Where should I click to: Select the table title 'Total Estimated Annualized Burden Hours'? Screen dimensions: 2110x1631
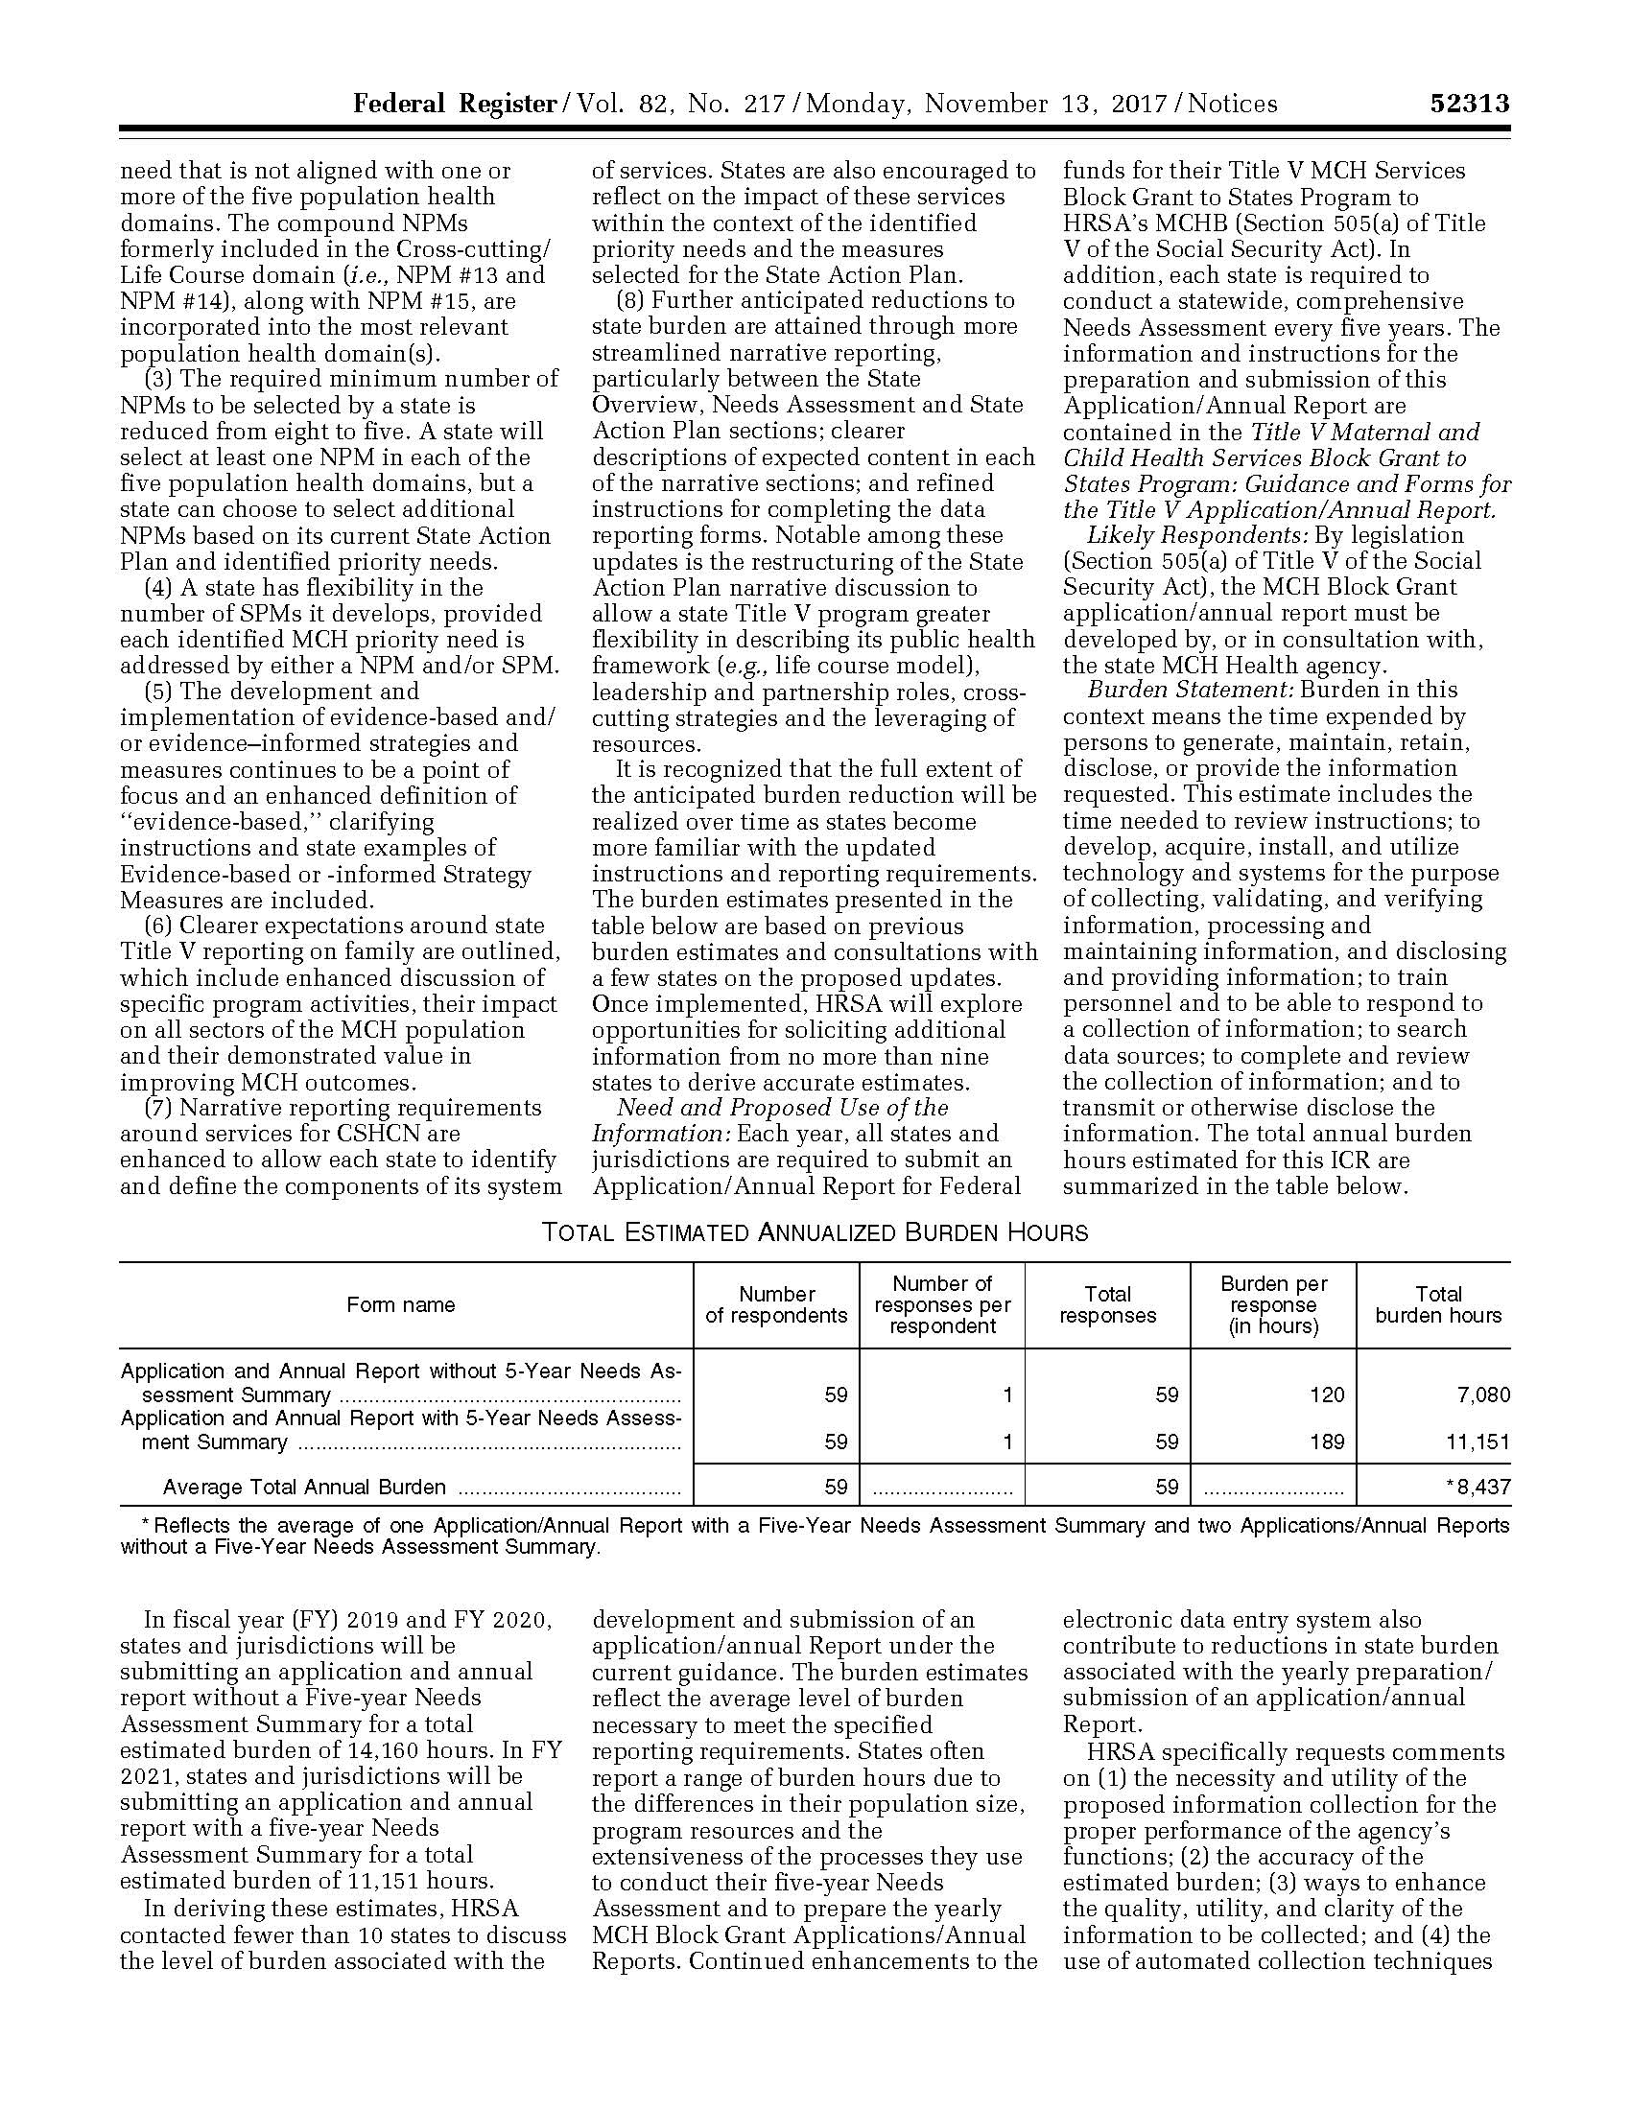point(815,1232)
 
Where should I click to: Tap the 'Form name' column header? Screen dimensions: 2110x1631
point(400,1305)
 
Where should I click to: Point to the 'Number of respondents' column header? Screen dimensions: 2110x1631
point(776,1305)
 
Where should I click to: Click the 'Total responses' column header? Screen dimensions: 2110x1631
point(1107,1305)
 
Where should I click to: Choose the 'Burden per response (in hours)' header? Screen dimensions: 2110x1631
point(1273,1305)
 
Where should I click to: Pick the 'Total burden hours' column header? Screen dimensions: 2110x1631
point(1438,1305)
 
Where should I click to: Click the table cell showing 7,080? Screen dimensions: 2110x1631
point(1483,1395)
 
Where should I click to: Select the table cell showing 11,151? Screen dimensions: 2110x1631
point(1477,1442)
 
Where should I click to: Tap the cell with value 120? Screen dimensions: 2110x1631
point(1327,1395)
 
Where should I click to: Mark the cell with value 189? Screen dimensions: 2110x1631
point(1327,1442)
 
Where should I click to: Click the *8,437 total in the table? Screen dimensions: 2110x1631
point(1477,1487)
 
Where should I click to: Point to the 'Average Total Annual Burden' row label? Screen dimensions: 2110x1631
point(304,1487)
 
